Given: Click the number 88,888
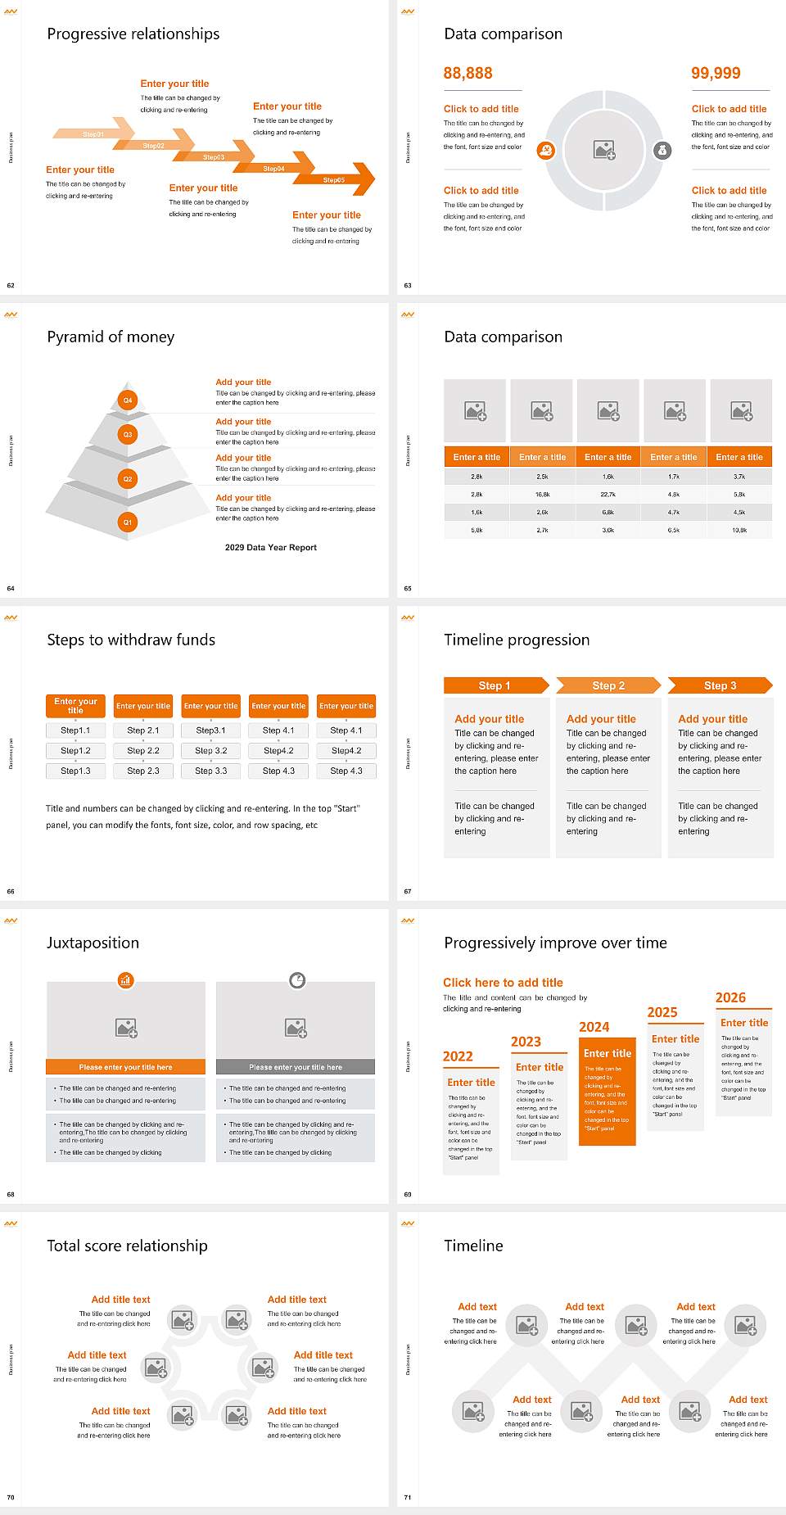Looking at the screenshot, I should (468, 73).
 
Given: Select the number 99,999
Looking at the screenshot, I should (716, 73).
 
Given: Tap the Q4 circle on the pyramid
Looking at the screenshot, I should (128, 400).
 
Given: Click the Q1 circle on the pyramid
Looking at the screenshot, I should (128, 522).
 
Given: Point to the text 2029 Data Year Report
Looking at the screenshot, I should (271, 547).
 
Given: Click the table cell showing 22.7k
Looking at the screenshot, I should (608, 495).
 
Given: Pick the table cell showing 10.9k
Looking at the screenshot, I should (739, 531).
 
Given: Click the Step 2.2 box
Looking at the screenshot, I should (143, 750).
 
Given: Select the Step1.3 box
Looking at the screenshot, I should (75, 771).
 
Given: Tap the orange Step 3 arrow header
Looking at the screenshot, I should (720, 685).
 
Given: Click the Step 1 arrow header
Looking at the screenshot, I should (495, 685).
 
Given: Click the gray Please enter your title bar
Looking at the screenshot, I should (296, 1067).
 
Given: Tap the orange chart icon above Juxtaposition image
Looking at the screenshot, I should (125, 979).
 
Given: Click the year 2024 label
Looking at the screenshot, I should (594, 1027).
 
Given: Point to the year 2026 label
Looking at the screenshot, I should (730, 997).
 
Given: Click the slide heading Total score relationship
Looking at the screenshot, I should (127, 1246).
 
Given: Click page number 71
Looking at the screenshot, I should (407, 1497).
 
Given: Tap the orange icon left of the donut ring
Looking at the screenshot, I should (546, 150).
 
